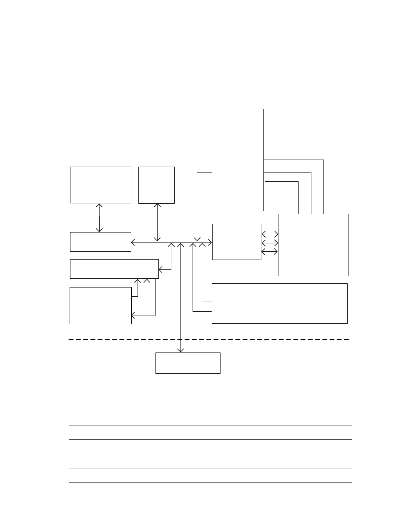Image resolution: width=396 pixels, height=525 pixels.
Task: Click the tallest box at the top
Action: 238,160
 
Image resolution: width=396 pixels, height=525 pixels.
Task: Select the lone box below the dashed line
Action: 188,363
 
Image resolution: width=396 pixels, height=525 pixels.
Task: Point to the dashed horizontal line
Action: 208,340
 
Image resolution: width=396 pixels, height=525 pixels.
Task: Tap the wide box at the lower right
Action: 279,303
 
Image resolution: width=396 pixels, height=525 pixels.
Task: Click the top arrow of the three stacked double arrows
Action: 270,234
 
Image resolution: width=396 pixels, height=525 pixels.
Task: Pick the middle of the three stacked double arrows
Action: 270,242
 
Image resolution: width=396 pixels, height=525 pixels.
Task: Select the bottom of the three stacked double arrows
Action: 270,252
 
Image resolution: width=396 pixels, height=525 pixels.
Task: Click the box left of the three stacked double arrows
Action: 236,242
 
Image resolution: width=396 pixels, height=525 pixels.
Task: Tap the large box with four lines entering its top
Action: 313,245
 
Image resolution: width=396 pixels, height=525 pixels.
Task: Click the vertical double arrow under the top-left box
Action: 99,217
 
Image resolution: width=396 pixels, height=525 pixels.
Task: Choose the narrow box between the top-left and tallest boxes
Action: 156,185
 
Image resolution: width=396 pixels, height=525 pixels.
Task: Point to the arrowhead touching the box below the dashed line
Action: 180,350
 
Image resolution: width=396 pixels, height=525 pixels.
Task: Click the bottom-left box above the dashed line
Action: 100,305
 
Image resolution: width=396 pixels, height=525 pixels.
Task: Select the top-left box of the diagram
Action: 100,185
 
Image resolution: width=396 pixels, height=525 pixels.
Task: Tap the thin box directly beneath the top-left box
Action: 100,242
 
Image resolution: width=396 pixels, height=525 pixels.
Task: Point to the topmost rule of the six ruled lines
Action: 210,411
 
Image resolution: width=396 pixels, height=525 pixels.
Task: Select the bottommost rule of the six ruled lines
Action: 210,482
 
